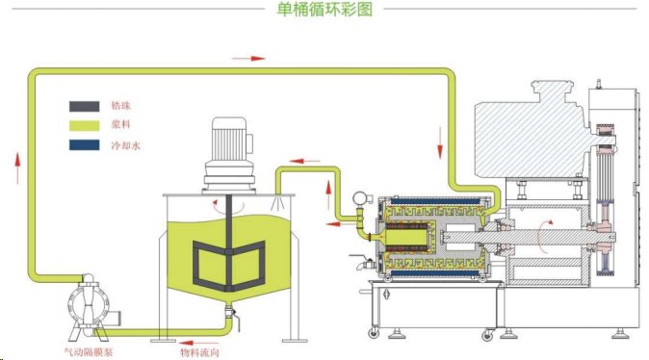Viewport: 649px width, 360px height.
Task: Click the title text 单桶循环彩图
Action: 324,9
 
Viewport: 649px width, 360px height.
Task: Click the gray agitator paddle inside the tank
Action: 228,257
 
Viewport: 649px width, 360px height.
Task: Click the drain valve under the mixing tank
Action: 228,316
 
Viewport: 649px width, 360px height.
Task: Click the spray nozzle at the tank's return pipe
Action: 276,201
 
